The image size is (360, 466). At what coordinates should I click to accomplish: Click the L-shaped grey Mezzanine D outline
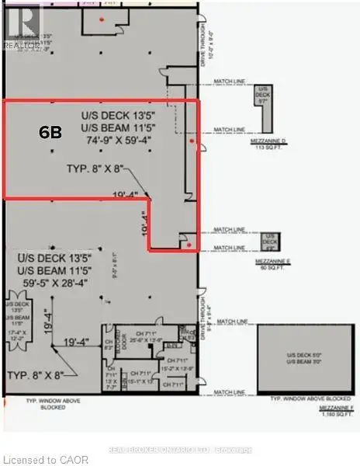tap(265, 109)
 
